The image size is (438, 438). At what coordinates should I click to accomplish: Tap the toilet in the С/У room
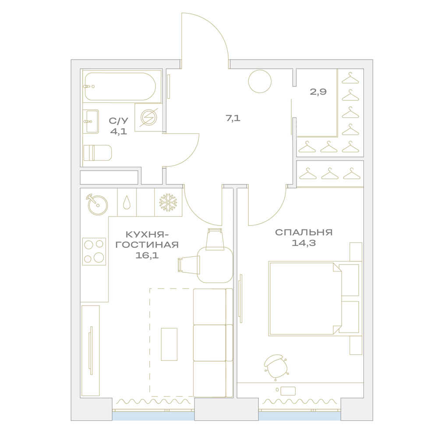(x=98, y=153)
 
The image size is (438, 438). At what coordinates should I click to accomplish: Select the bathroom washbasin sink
(x=91, y=121)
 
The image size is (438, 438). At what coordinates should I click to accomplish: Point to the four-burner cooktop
(x=94, y=251)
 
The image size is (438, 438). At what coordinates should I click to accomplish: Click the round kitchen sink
(x=98, y=205)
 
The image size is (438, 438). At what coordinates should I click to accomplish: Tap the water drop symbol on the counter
(x=127, y=202)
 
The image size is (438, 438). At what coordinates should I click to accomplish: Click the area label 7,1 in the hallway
(x=233, y=118)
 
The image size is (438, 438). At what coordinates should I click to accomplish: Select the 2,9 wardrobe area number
(x=318, y=92)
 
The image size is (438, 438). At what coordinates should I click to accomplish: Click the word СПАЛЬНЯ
(x=304, y=232)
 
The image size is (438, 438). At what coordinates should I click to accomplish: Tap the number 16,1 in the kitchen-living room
(x=147, y=255)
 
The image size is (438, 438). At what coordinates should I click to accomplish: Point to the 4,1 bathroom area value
(x=119, y=131)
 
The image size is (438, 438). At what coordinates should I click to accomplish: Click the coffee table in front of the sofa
(x=169, y=344)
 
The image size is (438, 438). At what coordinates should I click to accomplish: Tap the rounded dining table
(x=215, y=265)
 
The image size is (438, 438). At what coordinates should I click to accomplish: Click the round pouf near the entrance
(x=260, y=81)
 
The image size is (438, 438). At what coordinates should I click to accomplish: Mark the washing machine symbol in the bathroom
(x=148, y=117)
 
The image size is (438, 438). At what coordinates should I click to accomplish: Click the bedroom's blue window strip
(x=300, y=416)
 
